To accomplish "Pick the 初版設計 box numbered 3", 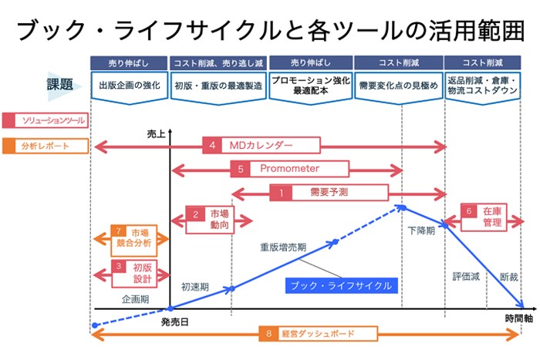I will point(133,273).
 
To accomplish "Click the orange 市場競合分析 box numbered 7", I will point(133,238).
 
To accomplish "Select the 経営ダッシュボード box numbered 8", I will point(317,334).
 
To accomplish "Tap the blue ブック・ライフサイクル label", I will point(340,285).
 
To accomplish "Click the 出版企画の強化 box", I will point(130,86).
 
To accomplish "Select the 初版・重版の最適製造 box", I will point(218,86).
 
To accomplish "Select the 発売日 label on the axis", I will point(175,320).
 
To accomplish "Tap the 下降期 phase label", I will point(421,230).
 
